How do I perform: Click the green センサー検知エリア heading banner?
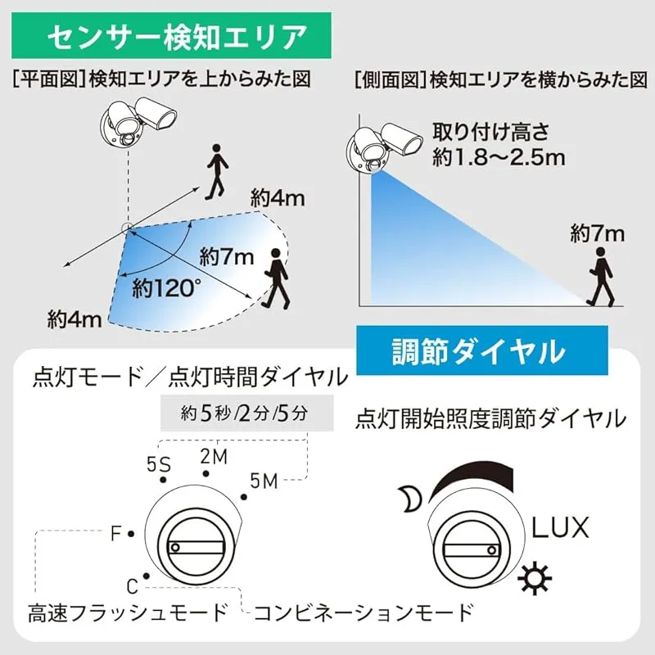171,35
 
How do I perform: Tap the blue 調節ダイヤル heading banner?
482,350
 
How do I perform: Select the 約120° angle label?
166,288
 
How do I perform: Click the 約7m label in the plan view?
227,256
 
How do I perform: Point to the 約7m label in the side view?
598,233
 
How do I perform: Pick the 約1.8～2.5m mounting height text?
499,157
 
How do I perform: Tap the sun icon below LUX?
535,579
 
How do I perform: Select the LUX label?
560,527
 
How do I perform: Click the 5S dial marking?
159,464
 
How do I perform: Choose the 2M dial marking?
214,457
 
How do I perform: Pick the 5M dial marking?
264,481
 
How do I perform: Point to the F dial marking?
115,534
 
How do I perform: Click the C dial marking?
133,586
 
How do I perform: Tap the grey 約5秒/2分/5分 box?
247,413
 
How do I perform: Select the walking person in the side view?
601,277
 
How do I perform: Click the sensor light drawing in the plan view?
138,121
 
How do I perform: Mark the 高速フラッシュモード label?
128,612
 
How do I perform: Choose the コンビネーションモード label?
364,612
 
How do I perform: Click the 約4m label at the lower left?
75,320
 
